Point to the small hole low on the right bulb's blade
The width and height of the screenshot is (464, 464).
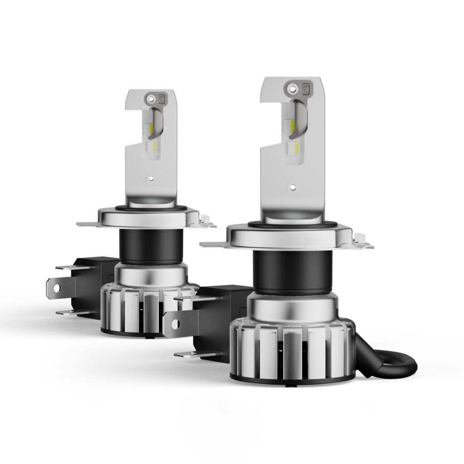tap(292, 186)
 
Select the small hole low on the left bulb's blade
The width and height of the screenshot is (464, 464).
tap(152, 179)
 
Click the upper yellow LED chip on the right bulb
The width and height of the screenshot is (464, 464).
tap(292, 124)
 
